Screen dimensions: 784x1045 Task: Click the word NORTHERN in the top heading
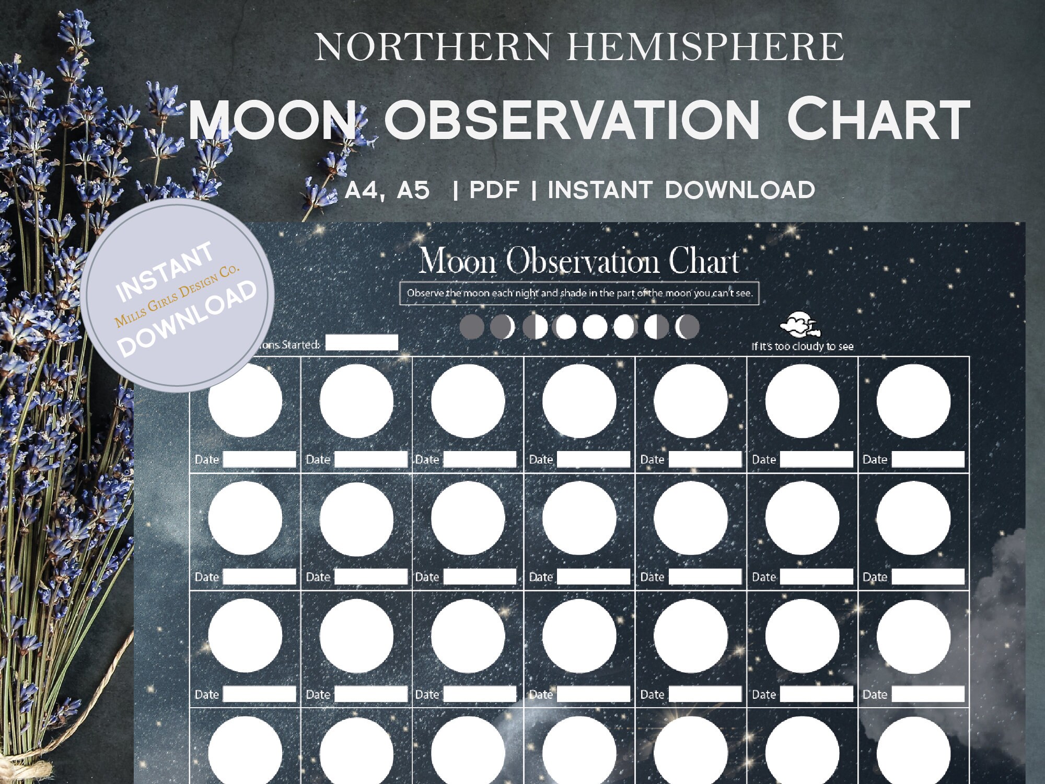coord(433,47)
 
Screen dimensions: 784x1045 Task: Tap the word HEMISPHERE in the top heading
coord(705,47)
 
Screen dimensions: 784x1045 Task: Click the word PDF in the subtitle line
coord(494,190)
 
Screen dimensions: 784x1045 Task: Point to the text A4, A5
coord(387,190)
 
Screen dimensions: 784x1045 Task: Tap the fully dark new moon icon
coord(472,327)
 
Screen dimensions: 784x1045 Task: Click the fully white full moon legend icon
coord(595,327)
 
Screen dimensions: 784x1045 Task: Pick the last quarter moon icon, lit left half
coord(656,327)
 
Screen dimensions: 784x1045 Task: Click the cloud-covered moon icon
coord(799,325)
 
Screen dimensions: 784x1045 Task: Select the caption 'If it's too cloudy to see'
coord(802,347)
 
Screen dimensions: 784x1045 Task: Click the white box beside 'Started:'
coord(362,343)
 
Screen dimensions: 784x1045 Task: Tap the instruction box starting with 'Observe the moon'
coord(579,293)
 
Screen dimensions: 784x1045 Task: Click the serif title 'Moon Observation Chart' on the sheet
coord(579,260)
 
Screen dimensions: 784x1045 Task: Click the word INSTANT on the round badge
coord(164,272)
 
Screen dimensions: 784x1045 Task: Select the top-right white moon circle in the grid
coord(913,401)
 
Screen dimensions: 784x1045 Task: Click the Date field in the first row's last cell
coord(927,459)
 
